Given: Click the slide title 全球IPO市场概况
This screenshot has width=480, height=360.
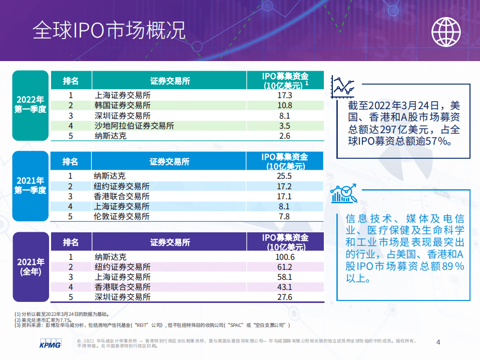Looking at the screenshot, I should pyautogui.click(x=109, y=31).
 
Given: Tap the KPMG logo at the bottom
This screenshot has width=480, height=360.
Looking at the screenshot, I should pyautogui.click(x=50, y=344).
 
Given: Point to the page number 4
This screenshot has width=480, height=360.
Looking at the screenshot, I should pyautogui.click(x=438, y=342).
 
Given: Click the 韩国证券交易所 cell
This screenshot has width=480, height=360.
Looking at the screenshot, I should pyautogui.click(x=123, y=105).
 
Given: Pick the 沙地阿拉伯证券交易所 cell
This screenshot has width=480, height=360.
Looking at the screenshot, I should pyautogui.click(x=134, y=126).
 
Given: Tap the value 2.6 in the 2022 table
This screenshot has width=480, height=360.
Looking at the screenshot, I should pyautogui.click(x=284, y=136).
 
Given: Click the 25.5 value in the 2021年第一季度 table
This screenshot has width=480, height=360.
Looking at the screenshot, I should pyautogui.click(x=284, y=176).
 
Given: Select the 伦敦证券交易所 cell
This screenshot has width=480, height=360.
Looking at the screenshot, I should pyautogui.click(x=122, y=216).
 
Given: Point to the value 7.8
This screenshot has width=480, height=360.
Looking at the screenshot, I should pyautogui.click(x=284, y=216).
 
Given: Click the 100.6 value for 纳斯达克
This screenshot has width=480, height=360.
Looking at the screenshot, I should pyautogui.click(x=284, y=257).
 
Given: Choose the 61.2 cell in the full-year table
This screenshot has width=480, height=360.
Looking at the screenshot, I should pyautogui.click(x=284, y=267).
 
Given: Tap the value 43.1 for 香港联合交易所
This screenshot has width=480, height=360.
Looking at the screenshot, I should pyautogui.click(x=284, y=287).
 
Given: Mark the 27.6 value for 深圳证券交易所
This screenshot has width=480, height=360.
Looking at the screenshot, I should pyautogui.click(x=284, y=297).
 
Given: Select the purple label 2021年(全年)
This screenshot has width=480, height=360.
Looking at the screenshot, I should pyautogui.click(x=31, y=267).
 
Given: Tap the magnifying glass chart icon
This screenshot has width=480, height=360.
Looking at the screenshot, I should pyautogui.click(x=343, y=194).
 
